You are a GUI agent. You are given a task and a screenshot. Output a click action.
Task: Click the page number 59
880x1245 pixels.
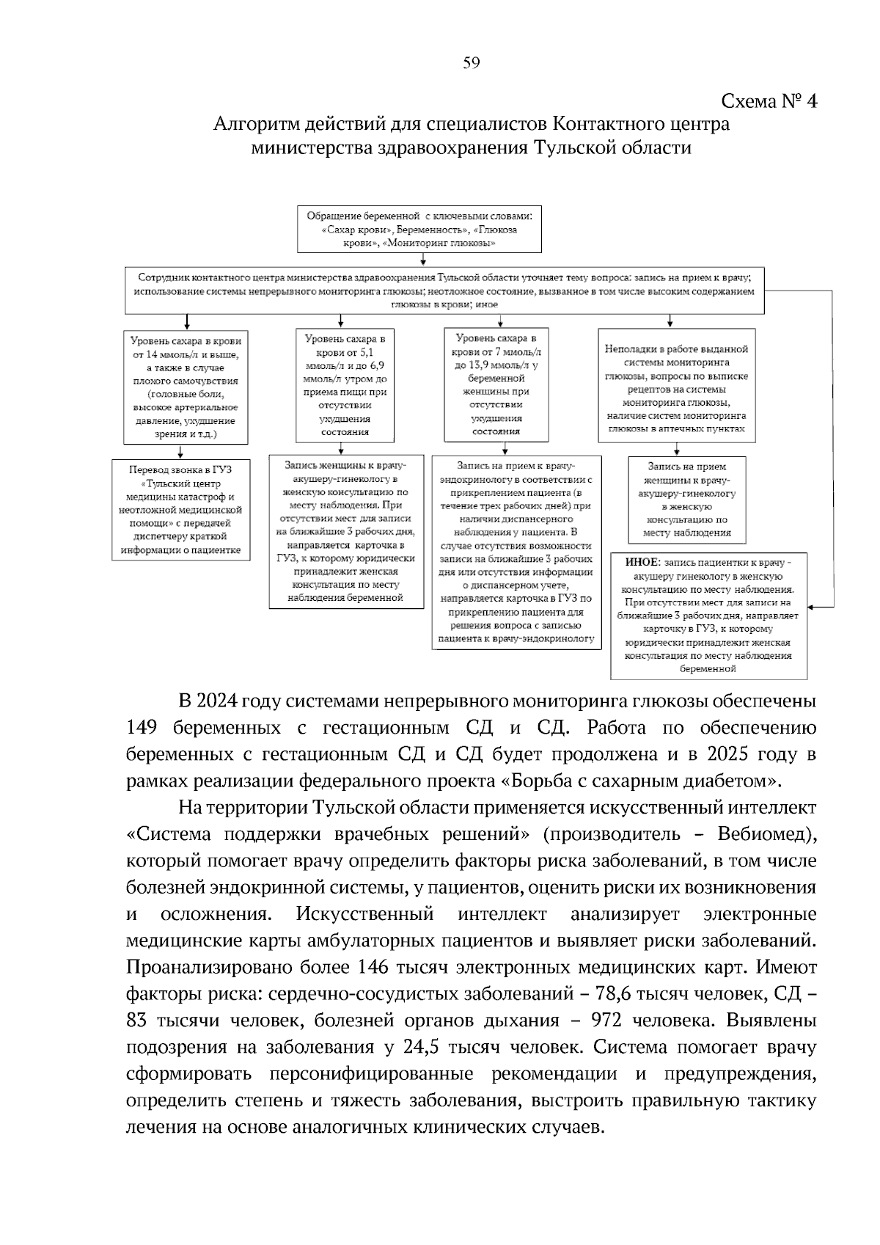click(x=471, y=63)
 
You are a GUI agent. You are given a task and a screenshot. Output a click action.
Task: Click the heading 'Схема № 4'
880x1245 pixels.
click(x=769, y=101)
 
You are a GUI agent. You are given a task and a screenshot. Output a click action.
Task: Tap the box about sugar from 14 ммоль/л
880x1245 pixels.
click(x=186, y=387)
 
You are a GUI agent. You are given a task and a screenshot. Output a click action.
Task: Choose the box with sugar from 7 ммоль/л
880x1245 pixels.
click(x=496, y=384)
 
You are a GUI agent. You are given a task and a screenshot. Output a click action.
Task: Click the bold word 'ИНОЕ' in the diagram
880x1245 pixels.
click(x=642, y=562)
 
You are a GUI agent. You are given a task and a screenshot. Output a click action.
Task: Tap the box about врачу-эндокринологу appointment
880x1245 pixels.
click(x=516, y=552)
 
